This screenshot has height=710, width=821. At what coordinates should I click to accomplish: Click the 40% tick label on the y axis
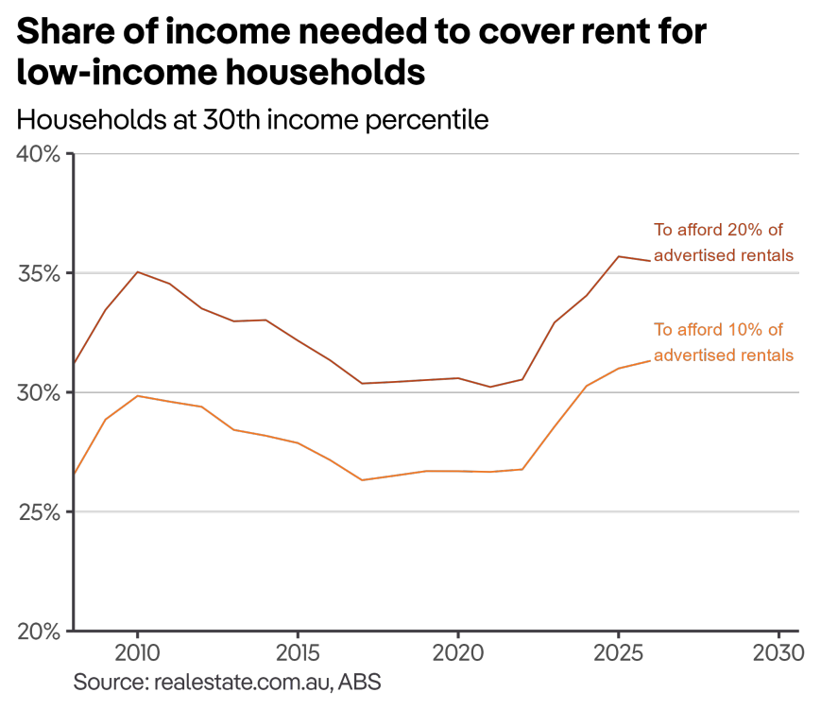click(x=39, y=153)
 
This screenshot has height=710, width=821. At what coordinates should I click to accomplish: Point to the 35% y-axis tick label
click(x=39, y=273)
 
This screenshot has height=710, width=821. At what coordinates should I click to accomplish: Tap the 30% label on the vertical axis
click(x=39, y=392)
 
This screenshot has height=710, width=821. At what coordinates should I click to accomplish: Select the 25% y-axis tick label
click(x=39, y=511)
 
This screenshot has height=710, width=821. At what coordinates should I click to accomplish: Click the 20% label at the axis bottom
click(x=39, y=631)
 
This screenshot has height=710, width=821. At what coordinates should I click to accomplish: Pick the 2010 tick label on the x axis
click(x=137, y=653)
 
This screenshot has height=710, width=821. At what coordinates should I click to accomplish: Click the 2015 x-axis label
click(x=298, y=653)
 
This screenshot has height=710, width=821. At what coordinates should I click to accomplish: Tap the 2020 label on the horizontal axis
click(x=458, y=653)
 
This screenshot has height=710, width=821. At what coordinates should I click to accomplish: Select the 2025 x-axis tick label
click(x=618, y=653)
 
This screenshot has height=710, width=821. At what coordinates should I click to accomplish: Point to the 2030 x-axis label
click(x=778, y=653)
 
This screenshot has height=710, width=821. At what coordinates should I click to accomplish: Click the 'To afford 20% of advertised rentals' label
click(x=723, y=242)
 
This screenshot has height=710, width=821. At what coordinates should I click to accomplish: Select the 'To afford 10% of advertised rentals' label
click(x=723, y=342)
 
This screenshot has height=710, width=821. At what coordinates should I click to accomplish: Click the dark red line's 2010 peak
click(x=138, y=272)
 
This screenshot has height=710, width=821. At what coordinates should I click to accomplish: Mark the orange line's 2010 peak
click(x=138, y=395)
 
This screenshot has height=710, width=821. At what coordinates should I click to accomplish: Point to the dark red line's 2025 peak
click(x=619, y=256)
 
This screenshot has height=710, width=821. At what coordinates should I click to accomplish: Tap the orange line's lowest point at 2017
click(x=362, y=480)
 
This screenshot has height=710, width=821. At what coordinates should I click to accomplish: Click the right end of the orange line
click(x=650, y=360)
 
